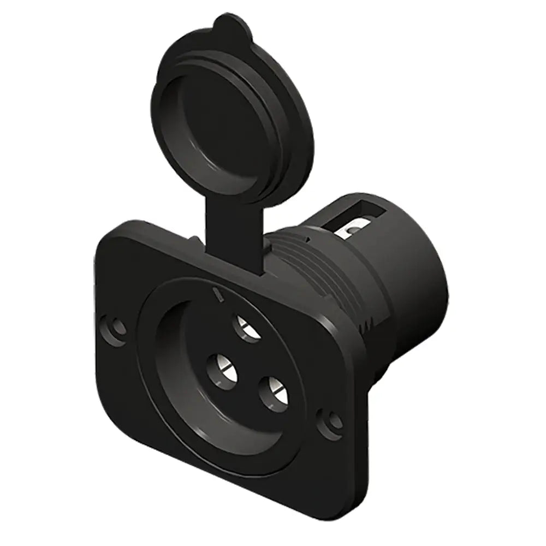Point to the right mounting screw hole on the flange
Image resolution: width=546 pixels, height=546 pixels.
tap(332, 422)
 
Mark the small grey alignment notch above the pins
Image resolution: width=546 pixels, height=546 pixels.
tap(219, 295)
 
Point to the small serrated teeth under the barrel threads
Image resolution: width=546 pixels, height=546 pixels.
tap(369, 328)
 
